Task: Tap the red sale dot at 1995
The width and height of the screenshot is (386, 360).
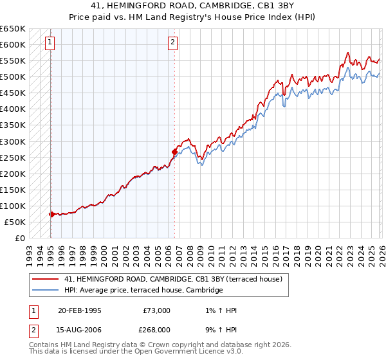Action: point(51,214)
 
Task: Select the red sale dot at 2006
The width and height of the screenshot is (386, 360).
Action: point(174,152)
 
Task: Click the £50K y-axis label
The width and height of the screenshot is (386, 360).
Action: point(15,222)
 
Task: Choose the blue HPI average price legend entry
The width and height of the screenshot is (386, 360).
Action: point(143,291)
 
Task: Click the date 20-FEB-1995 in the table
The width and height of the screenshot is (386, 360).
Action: point(79,310)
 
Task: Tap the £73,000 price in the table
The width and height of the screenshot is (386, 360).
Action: point(157,310)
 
